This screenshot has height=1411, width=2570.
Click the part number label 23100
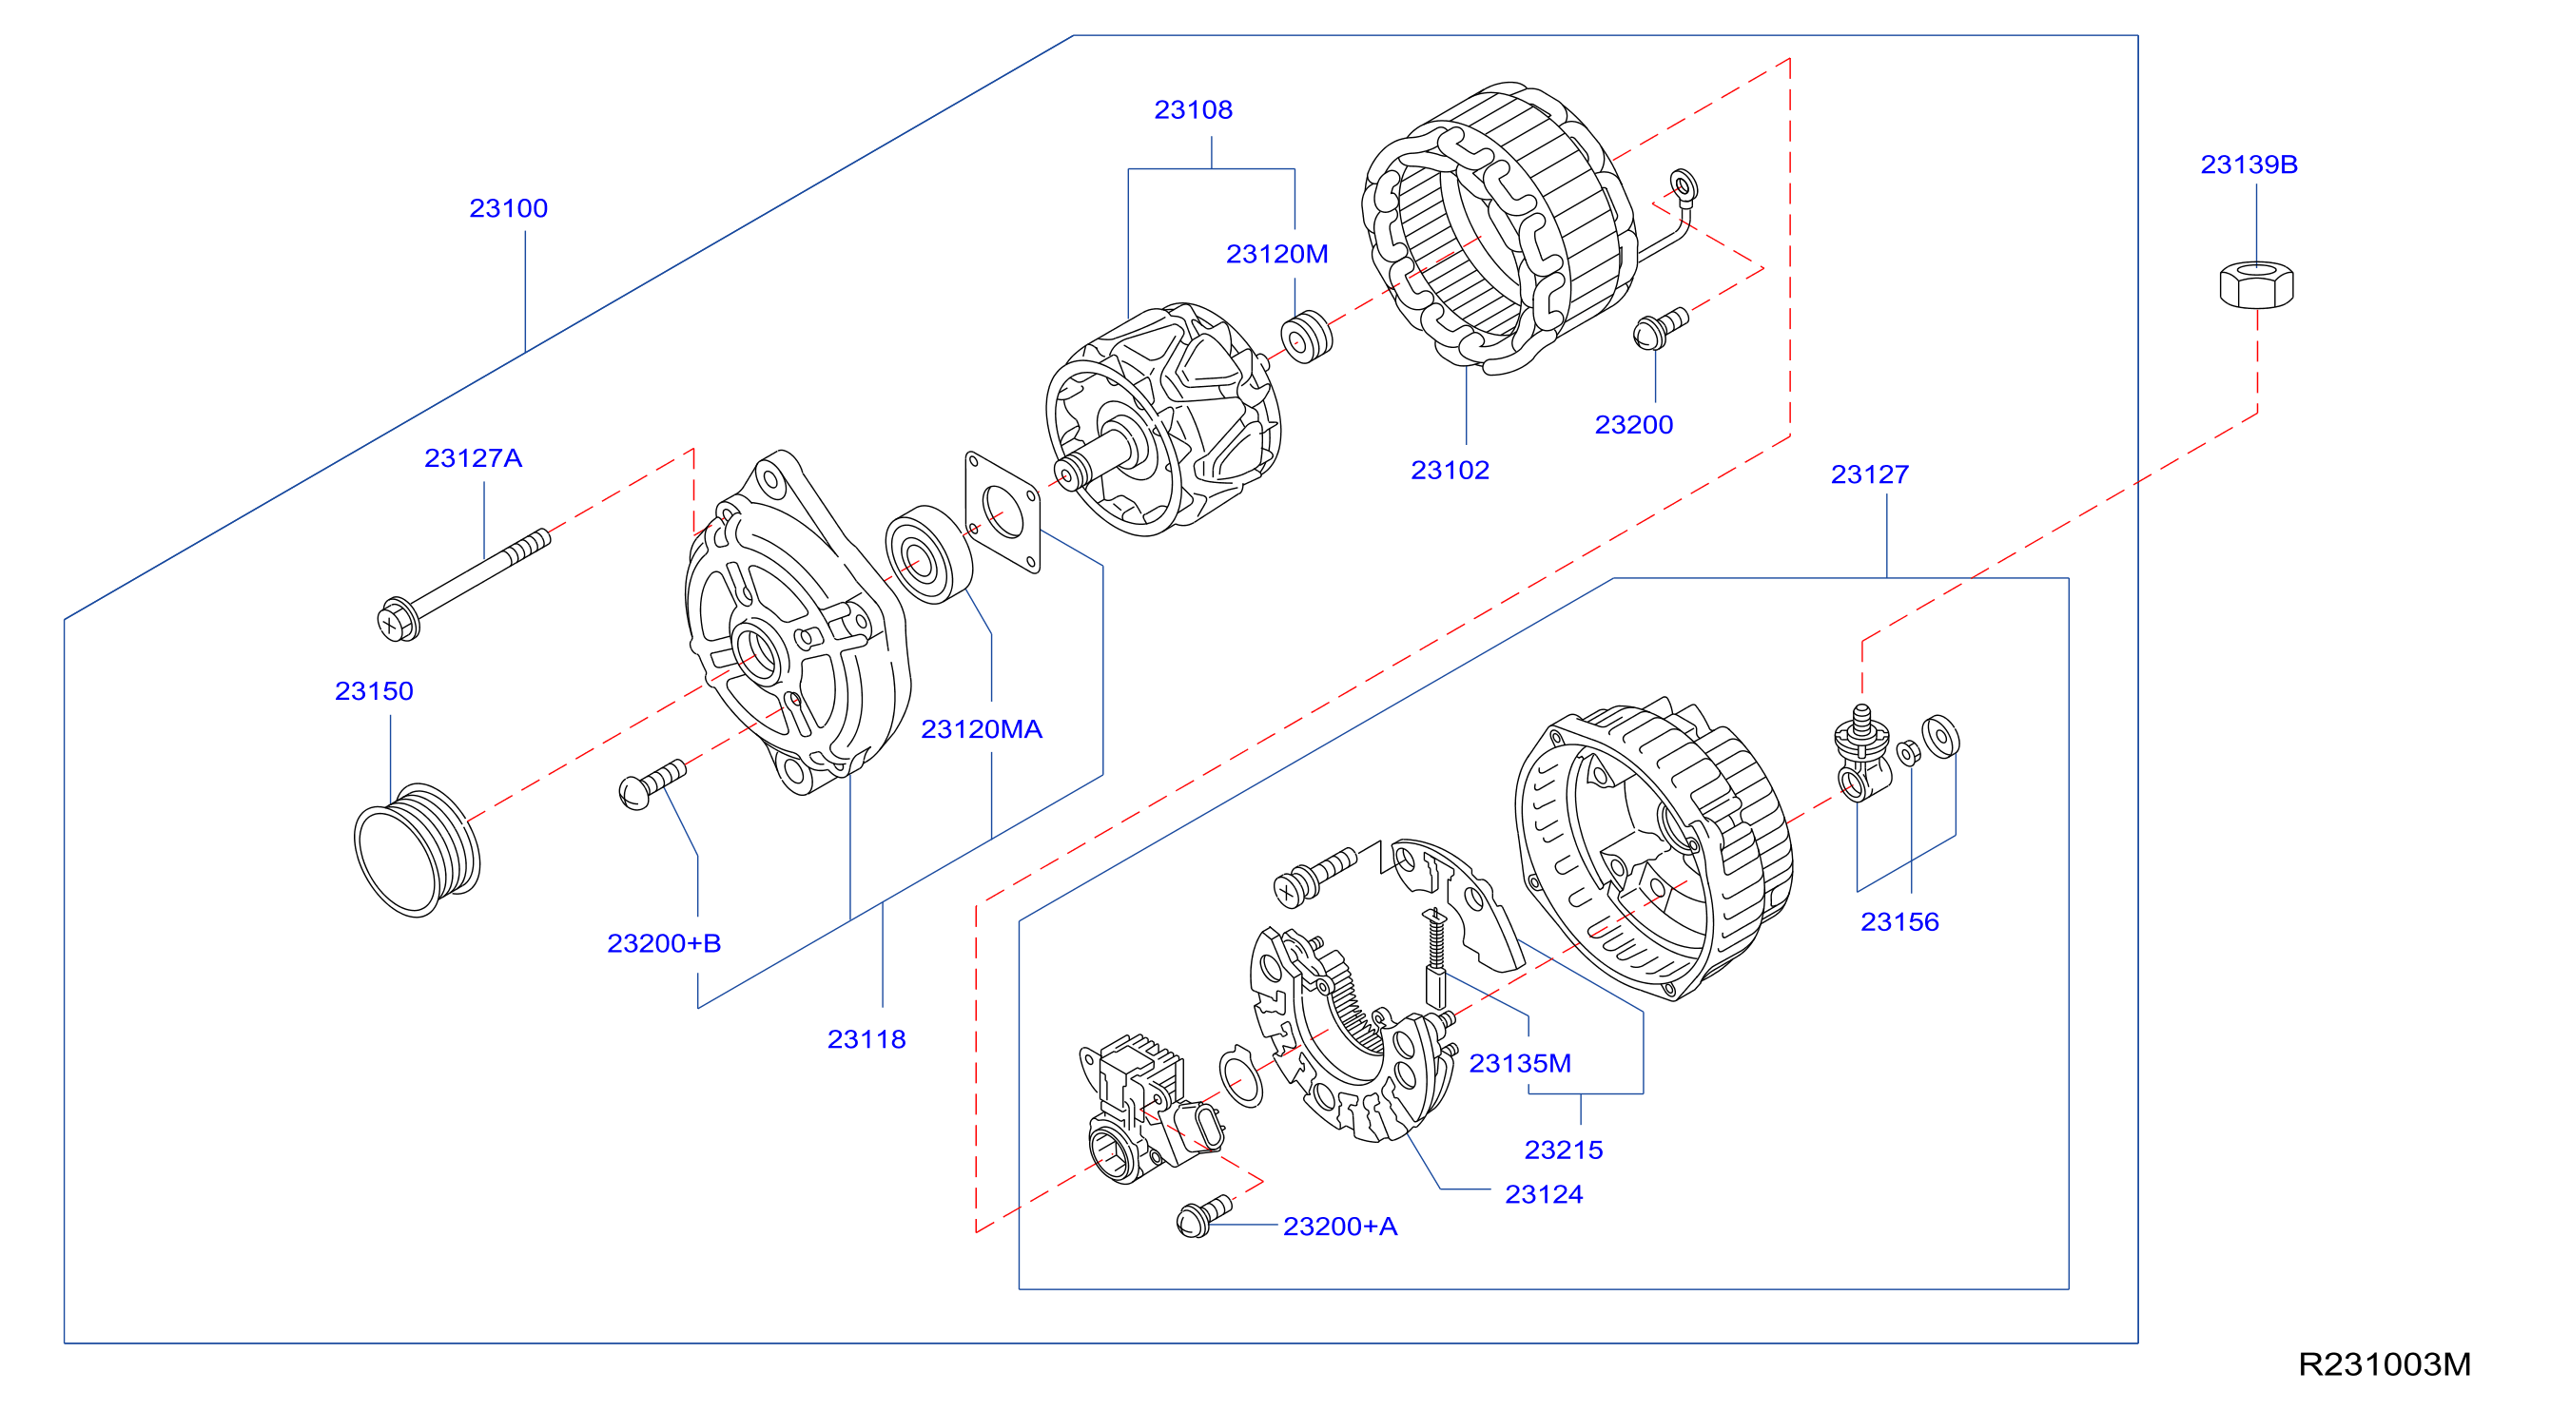(x=508, y=208)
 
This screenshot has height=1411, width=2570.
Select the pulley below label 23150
(x=417, y=850)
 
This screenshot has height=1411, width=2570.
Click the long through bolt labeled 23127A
(x=464, y=585)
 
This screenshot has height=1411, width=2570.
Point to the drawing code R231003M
(x=2385, y=1364)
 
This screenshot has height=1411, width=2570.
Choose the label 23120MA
(x=981, y=729)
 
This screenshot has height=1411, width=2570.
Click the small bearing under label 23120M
(x=1306, y=338)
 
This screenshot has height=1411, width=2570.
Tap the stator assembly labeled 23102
(x=1498, y=227)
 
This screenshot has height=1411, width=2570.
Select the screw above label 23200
(x=1660, y=328)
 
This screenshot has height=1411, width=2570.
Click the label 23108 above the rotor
(x=1193, y=109)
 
